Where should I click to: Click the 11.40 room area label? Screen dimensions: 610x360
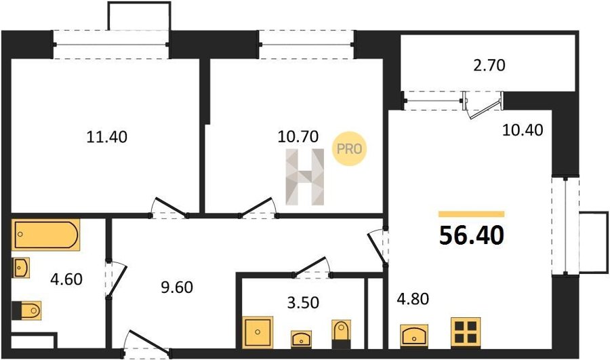click(x=106, y=137)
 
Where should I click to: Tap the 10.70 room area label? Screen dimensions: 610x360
click(x=298, y=136)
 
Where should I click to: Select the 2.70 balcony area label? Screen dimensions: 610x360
click(x=489, y=65)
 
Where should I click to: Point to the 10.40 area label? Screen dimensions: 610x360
click(x=523, y=130)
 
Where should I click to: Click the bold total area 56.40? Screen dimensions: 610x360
click(x=472, y=235)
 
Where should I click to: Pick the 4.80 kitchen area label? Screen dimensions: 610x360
click(x=413, y=299)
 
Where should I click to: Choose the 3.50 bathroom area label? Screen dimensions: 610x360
click(x=303, y=302)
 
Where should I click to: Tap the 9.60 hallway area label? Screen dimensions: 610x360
click(x=177, y=287)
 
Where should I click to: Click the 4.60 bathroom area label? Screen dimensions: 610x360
click(x=66, y=279)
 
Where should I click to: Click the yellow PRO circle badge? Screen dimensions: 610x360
click(x=349, y=148)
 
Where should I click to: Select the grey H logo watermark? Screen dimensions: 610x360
click(x=305, y=177)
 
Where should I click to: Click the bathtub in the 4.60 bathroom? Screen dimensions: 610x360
click(x=46, y=235)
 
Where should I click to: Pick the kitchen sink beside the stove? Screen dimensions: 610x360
click(x=414, y=336)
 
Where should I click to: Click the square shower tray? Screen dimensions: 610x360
click(x=258, y=332)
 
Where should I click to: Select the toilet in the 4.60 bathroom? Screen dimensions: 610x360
click(x=26, y=311)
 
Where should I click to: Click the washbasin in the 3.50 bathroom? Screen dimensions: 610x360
click(x=302, y=339)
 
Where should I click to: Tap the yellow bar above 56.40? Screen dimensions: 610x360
click(x=472, y=214)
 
